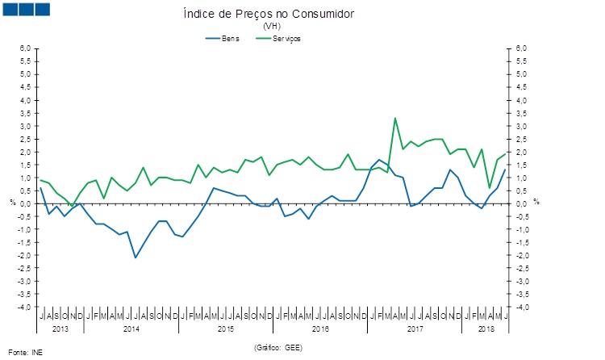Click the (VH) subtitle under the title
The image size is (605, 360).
point(270,27)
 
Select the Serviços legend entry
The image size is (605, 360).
point(286,38)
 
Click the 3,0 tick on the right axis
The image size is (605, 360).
point(521,126)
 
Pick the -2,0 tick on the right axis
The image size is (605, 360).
point(521,256)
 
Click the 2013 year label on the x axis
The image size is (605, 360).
point(60,329)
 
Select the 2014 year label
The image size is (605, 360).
point(131,329)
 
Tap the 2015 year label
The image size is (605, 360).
point(226,329)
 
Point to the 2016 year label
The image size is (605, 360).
point(320,329)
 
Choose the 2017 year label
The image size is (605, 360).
point(415,329)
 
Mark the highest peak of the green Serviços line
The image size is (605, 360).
point(395,119)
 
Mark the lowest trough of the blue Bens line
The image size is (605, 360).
point(136,257)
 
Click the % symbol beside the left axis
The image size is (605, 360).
point(12,202)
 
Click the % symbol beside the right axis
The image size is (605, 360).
point(536,202)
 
